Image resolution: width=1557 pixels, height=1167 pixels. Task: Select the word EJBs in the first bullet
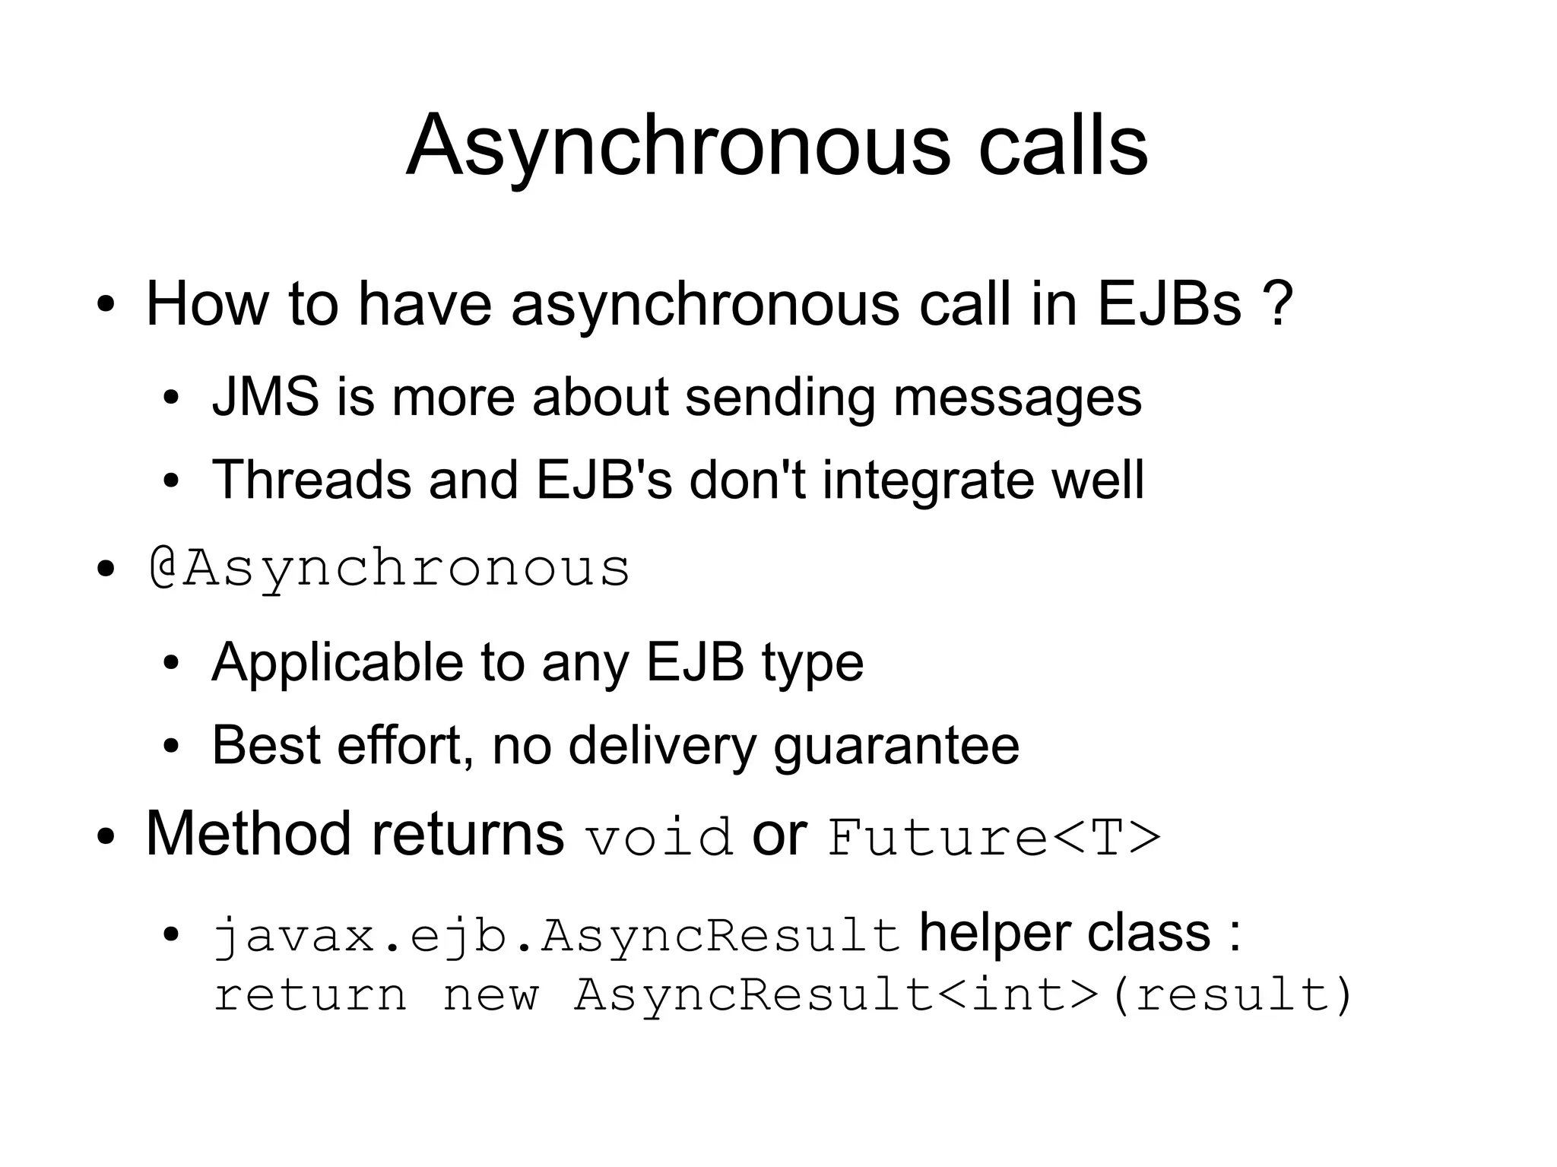1169,304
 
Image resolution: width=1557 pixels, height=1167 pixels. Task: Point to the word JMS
265,397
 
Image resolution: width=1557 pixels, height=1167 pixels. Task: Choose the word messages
1017,398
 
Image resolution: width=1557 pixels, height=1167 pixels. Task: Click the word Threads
312,480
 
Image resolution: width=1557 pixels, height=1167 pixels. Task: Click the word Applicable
337,662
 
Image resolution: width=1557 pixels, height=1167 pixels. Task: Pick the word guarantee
896,746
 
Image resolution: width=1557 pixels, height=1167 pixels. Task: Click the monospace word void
659,837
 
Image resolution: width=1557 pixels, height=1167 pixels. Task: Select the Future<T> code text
994,837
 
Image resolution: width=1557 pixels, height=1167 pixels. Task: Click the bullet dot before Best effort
171,747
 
